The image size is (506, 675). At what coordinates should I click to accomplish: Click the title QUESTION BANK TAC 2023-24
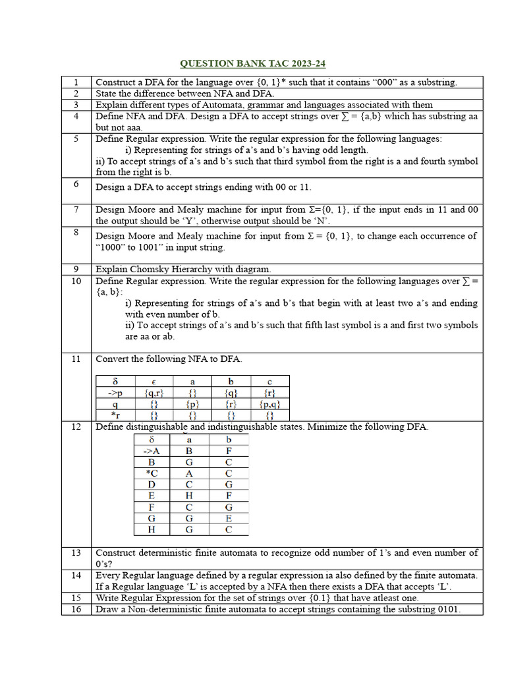pyautogui.click(x=253, y=63)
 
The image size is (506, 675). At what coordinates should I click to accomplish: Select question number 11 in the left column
pyautogui.click(x=76, y=359)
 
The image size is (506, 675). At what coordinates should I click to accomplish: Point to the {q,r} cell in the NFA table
pyautogui.click(x=154, y=392)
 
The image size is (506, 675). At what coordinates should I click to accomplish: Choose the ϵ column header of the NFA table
pyautogui.click(x=154, y=381)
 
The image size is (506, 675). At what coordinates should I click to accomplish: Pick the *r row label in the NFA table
pyautogui.click(x=115, y=415)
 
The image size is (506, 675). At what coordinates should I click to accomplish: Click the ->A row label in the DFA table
pyautogui.click(x=152, y=451)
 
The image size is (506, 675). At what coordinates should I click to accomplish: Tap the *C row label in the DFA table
pyautogui.click(x=152, y=473)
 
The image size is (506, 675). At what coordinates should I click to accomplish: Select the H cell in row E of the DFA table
pyautogui.click(x=190, y=495)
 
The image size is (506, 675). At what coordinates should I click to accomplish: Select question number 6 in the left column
pyautogui.click(x=76, y=184)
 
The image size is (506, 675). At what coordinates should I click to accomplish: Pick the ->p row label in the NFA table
pyautogui.click(x=115, y=392)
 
